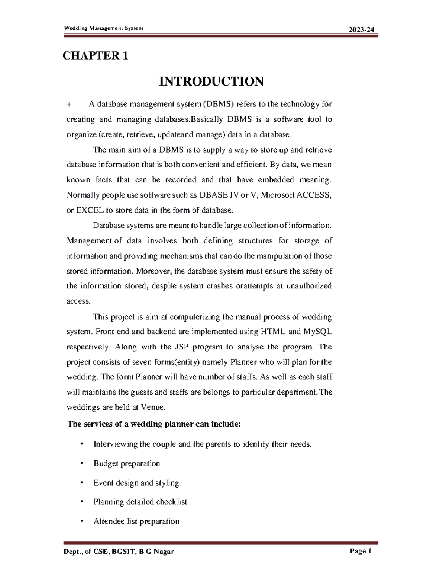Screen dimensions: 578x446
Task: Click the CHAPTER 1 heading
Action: click(x=96, y=56)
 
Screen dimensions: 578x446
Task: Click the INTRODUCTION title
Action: click(x=211, y=81)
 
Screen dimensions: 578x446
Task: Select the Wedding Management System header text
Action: click(x=104, y=28)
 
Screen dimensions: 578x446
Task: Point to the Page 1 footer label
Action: click(x=361, y=551)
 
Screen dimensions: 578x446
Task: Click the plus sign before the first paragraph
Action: click(x=69, y=105)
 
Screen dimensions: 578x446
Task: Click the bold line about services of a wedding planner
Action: click(x=154, y=424)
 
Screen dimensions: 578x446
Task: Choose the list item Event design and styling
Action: click(x=136, y=483)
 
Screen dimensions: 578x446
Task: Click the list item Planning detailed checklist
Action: click(x=140, y=502)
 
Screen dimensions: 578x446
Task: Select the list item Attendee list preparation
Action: click(x=136, y=521)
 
